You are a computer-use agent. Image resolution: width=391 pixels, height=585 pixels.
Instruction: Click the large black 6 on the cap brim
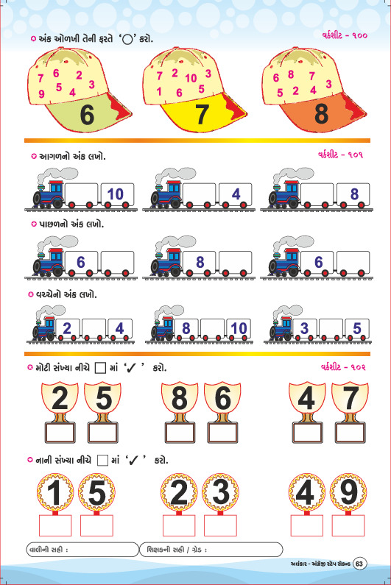pos(87,115)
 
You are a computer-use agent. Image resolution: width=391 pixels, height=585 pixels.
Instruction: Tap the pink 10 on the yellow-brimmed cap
pos(191,78)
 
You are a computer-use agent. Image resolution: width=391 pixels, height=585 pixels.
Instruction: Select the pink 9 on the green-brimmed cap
pos(41,93)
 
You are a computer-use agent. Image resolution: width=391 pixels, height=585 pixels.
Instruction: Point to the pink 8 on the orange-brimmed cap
pos(291,74)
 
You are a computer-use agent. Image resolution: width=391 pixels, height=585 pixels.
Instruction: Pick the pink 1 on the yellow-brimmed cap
pos(159,91)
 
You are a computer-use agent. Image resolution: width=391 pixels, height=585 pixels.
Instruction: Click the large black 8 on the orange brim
pos(321,114)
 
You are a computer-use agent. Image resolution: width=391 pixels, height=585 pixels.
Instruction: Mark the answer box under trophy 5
pos(102,433)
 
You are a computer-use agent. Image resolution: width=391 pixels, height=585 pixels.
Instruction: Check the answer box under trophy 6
pos(222,433)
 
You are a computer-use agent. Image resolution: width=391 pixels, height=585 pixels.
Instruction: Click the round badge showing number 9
pos(348,492)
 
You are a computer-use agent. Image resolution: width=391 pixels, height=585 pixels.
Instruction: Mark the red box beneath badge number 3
pos(220,525)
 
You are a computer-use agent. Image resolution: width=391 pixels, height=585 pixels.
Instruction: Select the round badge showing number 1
pos(55,492)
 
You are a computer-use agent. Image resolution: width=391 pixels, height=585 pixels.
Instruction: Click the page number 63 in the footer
pos(359,564)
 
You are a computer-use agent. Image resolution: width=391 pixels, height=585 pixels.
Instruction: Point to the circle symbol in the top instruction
pos(127,40)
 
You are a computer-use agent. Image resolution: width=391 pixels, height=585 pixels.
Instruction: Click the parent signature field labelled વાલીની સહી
pos(82,550)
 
